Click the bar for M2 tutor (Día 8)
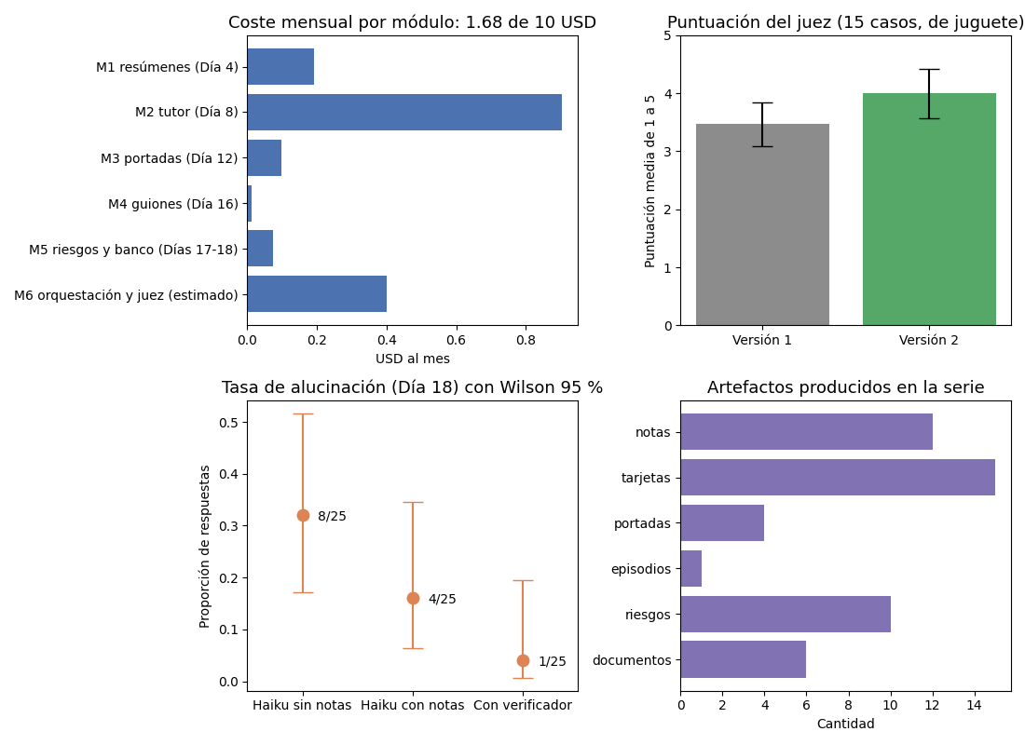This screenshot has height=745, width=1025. tap(404, 113)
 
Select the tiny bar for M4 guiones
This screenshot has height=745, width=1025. tap(250, 204)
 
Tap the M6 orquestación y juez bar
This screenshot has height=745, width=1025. tap(317, 294)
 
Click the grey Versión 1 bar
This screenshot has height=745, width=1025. tap(762, 224)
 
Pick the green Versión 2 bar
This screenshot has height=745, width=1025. tap(929, 210)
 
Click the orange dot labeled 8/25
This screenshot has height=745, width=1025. tap(304, 516)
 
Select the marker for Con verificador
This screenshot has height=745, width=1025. tap(523, 660)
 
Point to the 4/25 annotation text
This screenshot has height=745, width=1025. tap(443, 600)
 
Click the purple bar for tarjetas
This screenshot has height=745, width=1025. tap(838, 478)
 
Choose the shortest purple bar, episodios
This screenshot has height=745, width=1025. tap(691, 569)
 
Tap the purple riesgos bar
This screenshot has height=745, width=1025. tap(786, 615)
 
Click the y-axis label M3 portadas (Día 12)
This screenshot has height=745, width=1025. tap(170, 158)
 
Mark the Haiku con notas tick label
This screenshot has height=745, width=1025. tap(413, 705)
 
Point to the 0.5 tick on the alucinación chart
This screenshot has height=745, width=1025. tap(229, 422)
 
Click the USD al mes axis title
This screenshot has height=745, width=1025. tap(413, 359)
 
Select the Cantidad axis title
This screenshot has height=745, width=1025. tap(845, 724)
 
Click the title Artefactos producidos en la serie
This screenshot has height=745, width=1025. tap(845, 387)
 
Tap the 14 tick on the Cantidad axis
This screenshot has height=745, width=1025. tap(974, 705)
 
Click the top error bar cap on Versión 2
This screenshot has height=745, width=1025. tap(929, 69)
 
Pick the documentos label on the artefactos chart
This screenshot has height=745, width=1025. tap(632, 660)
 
